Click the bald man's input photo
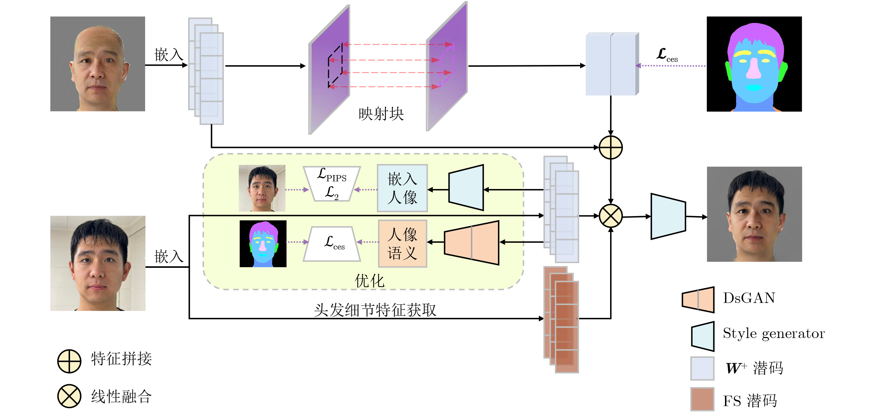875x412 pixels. [98, 64]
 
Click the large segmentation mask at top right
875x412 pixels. [754, 64]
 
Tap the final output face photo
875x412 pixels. [754, 214]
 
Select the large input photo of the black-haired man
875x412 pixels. [98, 263]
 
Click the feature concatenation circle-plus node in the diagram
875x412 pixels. [611, 148]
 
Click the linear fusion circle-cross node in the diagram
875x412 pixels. [611, 216]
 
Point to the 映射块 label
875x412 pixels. [381, 114]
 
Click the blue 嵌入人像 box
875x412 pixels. [402, 188]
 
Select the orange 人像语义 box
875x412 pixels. [402, 244]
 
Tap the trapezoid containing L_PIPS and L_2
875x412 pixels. [332, 184]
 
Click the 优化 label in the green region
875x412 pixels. [369, 281]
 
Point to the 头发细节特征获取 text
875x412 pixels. [375, 310]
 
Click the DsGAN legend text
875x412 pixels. [749, 298]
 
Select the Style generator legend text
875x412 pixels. [774, 333]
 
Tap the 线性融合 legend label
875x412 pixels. [121, 397]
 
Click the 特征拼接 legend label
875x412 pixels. [121, 359]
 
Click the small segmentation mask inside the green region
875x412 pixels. [263, 244]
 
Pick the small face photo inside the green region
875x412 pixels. [262, 188]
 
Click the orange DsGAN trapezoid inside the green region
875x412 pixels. [472, 243]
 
